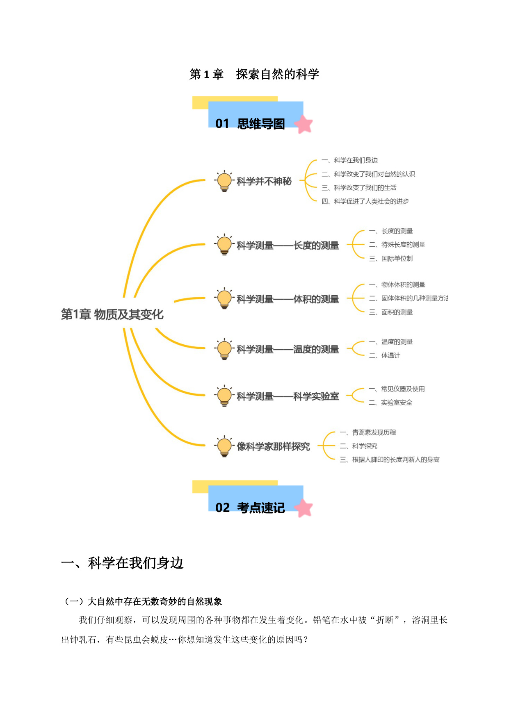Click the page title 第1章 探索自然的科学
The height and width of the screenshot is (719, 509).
pos(254,74)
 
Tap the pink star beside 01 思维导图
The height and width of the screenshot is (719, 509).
pos(304,124)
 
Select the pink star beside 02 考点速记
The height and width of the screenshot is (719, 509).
pos(304,508)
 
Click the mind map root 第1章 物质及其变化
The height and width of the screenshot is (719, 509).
pos(112,314)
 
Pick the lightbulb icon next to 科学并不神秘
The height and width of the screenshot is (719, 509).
pos(224,181)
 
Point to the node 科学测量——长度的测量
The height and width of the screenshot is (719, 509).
pos(288,246)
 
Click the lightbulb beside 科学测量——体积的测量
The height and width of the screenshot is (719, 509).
pos(224,299)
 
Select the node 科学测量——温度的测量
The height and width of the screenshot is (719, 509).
pos(288,349)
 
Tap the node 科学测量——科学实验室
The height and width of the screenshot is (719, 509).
pos(288,396)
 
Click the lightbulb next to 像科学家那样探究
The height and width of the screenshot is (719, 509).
pos(224,446)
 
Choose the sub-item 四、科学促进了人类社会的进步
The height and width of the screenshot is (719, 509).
pos(365,201)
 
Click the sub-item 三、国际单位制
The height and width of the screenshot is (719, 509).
pos(391,258)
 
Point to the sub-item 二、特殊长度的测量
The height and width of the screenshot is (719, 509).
pos(397,245)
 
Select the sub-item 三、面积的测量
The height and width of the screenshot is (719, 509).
pos(391,312)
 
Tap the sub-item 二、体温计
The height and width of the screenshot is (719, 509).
pos(384,355)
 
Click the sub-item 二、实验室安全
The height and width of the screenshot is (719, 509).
pos(390,403)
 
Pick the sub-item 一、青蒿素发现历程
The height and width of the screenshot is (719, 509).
pos(368,432)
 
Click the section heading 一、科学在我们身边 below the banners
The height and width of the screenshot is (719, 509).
pos(122,563)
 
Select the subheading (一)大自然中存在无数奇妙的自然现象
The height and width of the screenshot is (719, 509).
pos(142,601)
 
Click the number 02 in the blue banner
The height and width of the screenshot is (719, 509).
pos(222,508)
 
